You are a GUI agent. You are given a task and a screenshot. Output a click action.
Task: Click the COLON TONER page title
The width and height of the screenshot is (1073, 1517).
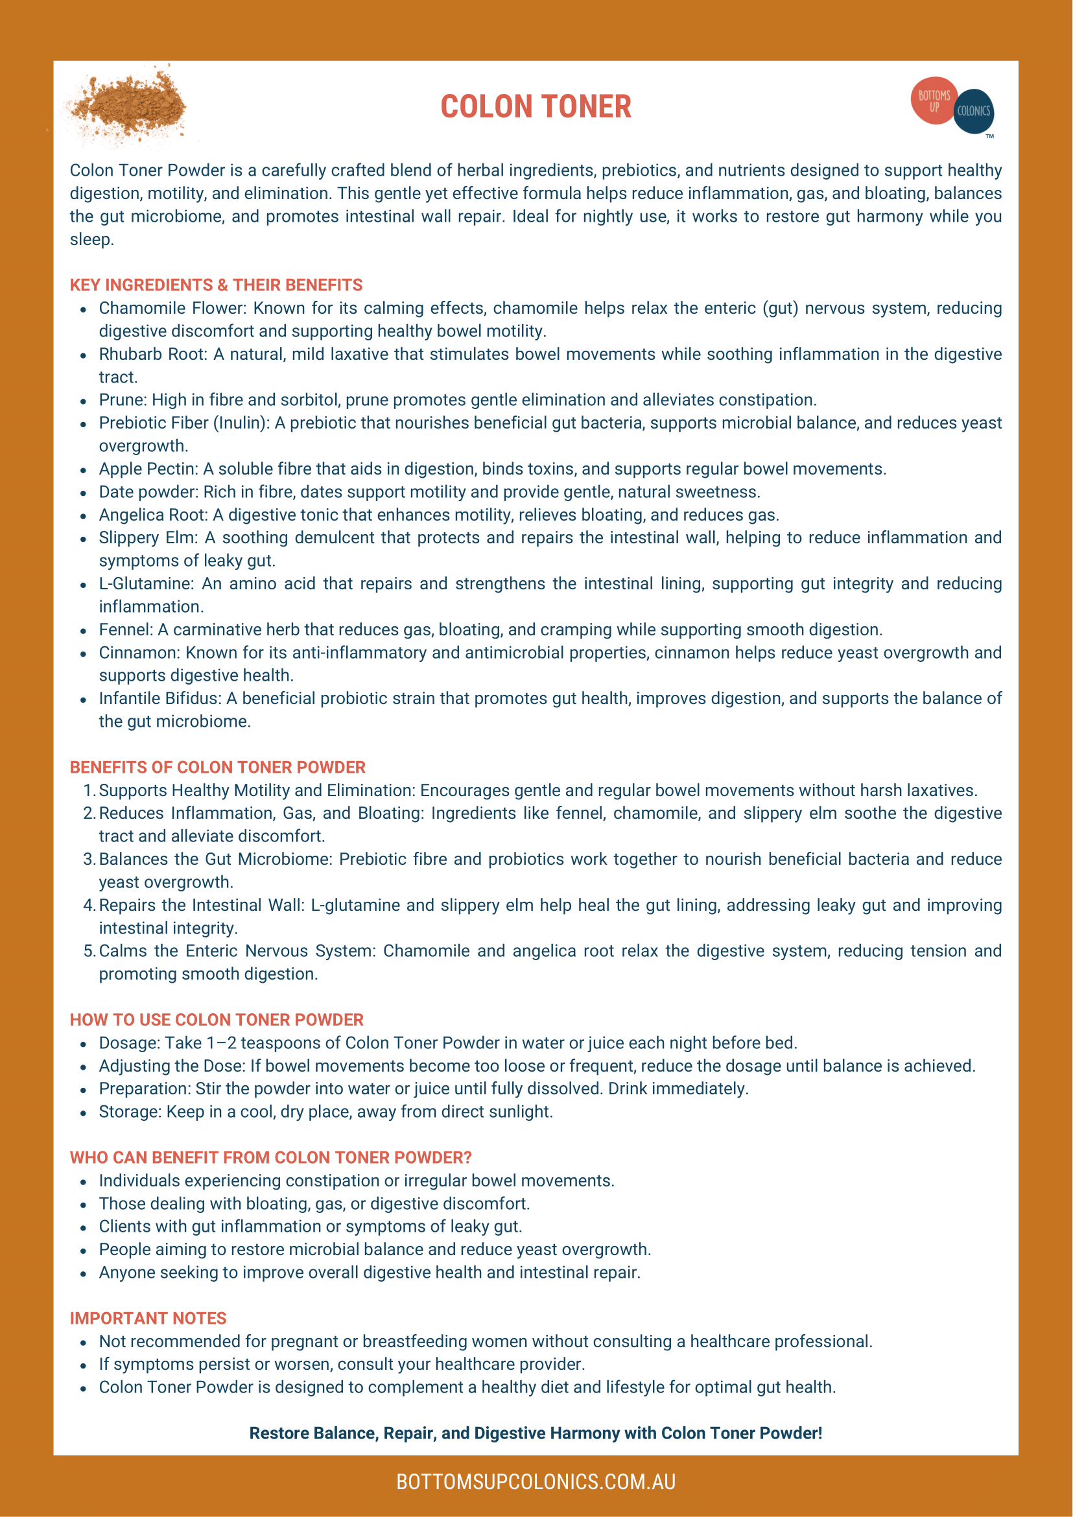(x=536, y=107)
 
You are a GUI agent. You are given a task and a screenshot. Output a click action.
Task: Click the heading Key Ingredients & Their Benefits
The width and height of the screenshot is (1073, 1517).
(x=216, y=285)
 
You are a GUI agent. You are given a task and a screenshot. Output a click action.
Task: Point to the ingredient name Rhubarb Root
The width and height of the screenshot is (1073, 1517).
(x=152, y=354)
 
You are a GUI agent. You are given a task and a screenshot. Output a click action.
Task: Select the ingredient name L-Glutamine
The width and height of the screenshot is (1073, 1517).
(x=145, y=583)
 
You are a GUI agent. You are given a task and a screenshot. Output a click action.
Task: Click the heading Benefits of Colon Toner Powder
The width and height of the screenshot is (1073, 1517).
(x=217, y=767)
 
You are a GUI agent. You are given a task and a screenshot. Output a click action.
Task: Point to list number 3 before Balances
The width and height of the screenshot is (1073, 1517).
(x=89, y=859)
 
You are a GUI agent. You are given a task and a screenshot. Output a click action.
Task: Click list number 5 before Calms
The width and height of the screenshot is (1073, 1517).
(x=89, y=951)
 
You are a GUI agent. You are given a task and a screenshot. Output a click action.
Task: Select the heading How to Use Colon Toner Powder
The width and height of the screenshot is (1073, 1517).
(x=217, y=1020)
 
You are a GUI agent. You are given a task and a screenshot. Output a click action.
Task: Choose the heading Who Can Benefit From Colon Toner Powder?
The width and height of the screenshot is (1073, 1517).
(x=271, y=1158)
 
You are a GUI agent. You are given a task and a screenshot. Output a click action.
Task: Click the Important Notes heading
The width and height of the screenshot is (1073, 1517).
(x=148, y=1318)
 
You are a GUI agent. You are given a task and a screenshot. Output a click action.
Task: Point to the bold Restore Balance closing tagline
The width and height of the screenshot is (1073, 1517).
(x=536, y=1433)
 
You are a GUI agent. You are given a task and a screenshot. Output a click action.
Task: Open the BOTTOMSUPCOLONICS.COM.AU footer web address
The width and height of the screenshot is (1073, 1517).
(x=536, y=1482)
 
